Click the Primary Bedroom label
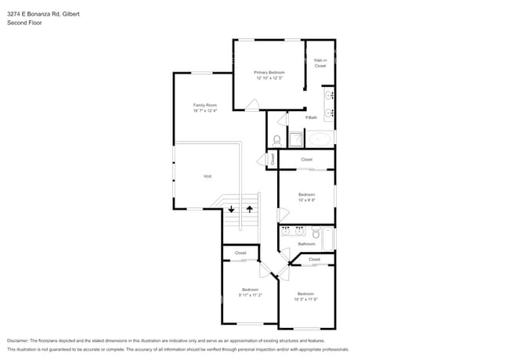[269, 72]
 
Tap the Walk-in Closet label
[320, 63]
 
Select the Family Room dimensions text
[205, 110]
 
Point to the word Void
[208, 176]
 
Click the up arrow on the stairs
[250, 208]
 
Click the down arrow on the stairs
[232, 208]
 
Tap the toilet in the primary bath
[277, 139]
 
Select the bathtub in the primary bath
[320, 139]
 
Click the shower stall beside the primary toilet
[297, 139]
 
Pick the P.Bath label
[311, 117]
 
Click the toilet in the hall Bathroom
[316, 232]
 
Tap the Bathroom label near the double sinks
[306, 243]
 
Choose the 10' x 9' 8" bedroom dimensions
[306, 200]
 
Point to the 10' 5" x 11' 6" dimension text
[306, 298]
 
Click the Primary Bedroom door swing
[252, 106]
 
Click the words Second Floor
[24, 23]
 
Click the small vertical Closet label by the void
[273, 159]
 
